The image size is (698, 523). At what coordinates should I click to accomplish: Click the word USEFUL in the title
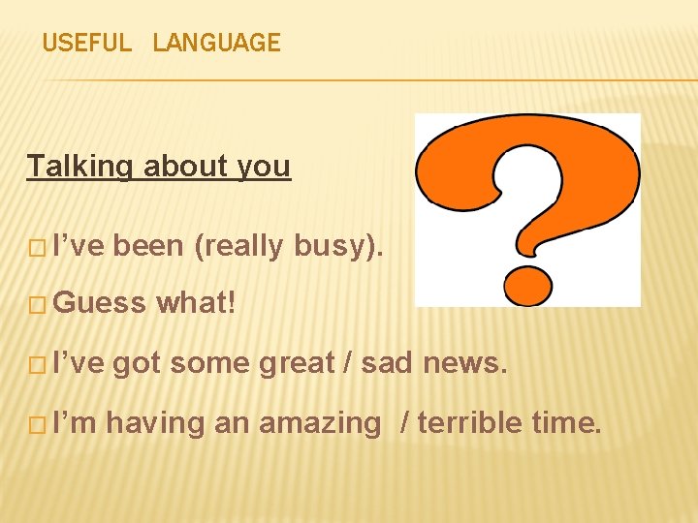[86, 43]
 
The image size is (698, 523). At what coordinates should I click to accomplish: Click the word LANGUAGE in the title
[216, 43]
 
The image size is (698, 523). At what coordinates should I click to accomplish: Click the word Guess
[100, 304]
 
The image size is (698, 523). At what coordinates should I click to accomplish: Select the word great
[299, 363]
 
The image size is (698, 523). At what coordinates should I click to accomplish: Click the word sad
[386, 363]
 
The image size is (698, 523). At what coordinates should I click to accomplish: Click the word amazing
[320, 423]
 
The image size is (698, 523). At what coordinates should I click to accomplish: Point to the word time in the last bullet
[566, 423]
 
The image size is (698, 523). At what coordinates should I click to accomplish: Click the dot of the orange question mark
[527, 284]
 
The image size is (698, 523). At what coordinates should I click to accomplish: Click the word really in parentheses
[238, 247]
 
